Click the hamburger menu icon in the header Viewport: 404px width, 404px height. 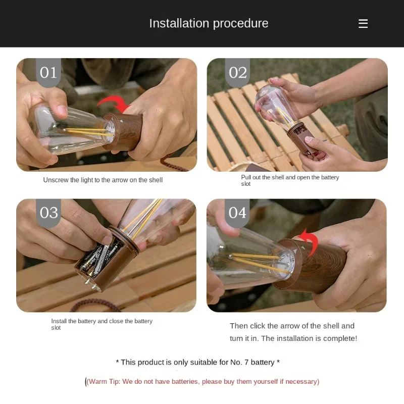[x=363, y=23]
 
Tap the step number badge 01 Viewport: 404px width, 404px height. [x=48, y=72]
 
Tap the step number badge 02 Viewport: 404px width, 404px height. [x=237, y=72]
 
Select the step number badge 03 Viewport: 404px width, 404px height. [x=48, y=213]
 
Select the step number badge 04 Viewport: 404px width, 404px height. [x=237, y=213]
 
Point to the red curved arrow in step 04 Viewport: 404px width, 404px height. [x=311, y=238]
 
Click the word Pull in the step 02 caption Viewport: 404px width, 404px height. [x=245, y=177]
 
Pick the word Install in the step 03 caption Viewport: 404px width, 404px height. [x=59, y=321]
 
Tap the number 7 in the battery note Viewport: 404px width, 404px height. [x=246, y=362]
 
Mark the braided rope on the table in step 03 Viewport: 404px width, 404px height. [x=95, y=304]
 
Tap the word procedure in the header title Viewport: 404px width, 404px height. [x=241, y=23]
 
